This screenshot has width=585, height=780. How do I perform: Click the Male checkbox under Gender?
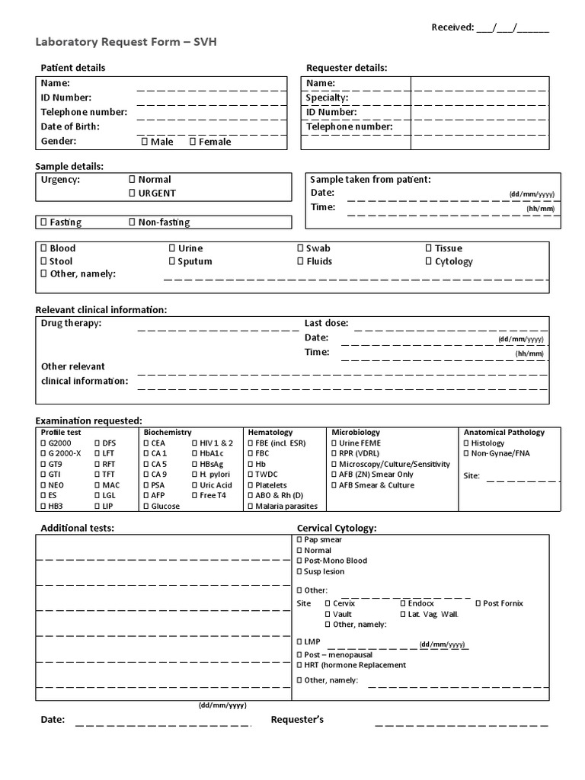pos(144,142)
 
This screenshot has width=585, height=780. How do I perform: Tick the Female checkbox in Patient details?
pos(192,142)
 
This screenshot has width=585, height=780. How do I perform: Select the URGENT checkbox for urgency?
pos(132,193)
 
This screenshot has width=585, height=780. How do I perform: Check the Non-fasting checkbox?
pos(132,222)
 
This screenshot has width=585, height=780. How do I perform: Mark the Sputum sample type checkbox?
pos(171,261)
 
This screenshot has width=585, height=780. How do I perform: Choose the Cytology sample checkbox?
pos(428,261)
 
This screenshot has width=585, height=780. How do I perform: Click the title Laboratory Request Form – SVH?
pos(126,42)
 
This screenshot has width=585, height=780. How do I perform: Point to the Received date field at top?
pos(512,28)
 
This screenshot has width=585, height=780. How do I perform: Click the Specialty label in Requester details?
pos(327,97)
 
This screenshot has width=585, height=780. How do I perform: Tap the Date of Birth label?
pos(70,126)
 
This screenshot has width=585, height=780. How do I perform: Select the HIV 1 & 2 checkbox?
pos(194,443)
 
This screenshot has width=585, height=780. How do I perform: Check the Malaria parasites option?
pos(250,507)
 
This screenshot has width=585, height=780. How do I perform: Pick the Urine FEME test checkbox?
pos(334,443)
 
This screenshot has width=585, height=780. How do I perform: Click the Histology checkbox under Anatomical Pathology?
pos(466,443)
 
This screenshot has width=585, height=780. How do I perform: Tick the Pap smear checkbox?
pos(298,540)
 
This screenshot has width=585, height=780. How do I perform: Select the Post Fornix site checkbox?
pos(477,603)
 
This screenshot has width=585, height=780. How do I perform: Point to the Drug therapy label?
pos(71,323)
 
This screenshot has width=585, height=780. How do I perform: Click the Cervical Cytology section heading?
pos(336,528)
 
